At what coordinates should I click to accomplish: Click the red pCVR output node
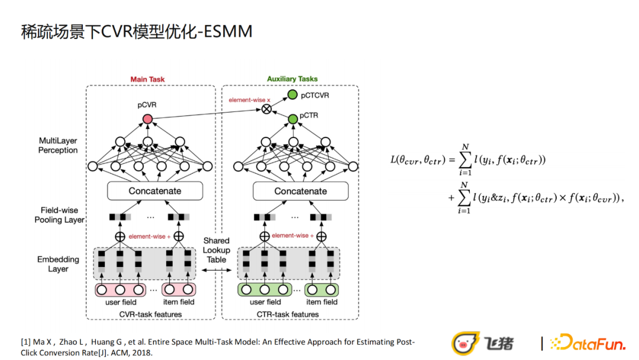coord(147,120)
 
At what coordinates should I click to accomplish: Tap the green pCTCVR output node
coord(292,95)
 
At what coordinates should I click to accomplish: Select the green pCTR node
coord(292,120)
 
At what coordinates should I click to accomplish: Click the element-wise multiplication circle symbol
coord(267,108)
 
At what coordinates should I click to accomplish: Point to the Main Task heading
coord(147,79)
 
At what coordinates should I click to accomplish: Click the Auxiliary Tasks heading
coord(292,79)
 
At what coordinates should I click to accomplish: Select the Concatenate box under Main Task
coord(155,191)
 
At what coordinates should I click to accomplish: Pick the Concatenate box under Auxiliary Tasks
coord(301,191)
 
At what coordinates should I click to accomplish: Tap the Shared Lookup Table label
coord(217,250)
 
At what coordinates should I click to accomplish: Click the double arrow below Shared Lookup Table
coord(217,270)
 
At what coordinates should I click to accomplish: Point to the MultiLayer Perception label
coord(58,146)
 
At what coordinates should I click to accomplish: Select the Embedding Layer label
coord(58,264)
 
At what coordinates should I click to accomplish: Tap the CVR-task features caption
coord(150,314)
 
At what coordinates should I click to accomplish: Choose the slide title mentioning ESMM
coord(137,31)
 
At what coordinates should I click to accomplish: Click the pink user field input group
coord(121,290)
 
